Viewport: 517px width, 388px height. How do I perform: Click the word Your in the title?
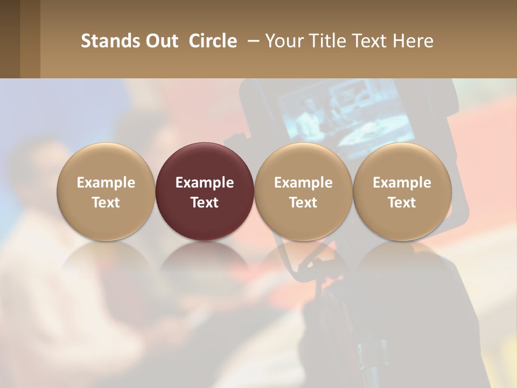(x=282, y=41)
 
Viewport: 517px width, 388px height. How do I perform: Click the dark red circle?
(x=205, y=191)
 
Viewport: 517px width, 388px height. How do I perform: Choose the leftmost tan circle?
(x=106, y=191)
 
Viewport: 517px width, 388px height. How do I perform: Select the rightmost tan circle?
(x=402, y=191)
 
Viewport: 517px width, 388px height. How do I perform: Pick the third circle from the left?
(x=303, y=191)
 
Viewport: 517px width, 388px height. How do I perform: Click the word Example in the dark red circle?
(x=205, y=183)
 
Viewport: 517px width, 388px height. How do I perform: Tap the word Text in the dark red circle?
(x=205, y=203)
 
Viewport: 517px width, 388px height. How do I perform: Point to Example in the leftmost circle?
(x=106, y=183)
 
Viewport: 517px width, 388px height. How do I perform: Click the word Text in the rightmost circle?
(x=402, y=203)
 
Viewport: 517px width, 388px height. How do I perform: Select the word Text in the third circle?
(x=303, y=203)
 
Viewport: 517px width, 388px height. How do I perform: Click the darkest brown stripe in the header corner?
(x=10, y=39)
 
